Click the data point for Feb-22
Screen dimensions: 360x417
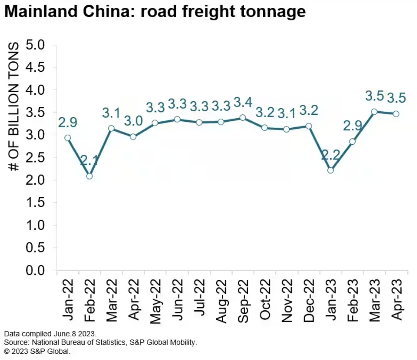(89, 176)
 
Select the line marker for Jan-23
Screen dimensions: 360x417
(330, 170)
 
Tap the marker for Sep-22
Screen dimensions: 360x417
(243, 118)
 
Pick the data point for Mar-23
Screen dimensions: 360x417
(374, 112)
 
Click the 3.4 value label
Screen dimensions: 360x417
(243, 103)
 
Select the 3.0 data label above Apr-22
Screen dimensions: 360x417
(133, 121)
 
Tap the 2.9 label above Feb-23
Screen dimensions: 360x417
(352, 126)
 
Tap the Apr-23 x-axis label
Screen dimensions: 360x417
(396, 299)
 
